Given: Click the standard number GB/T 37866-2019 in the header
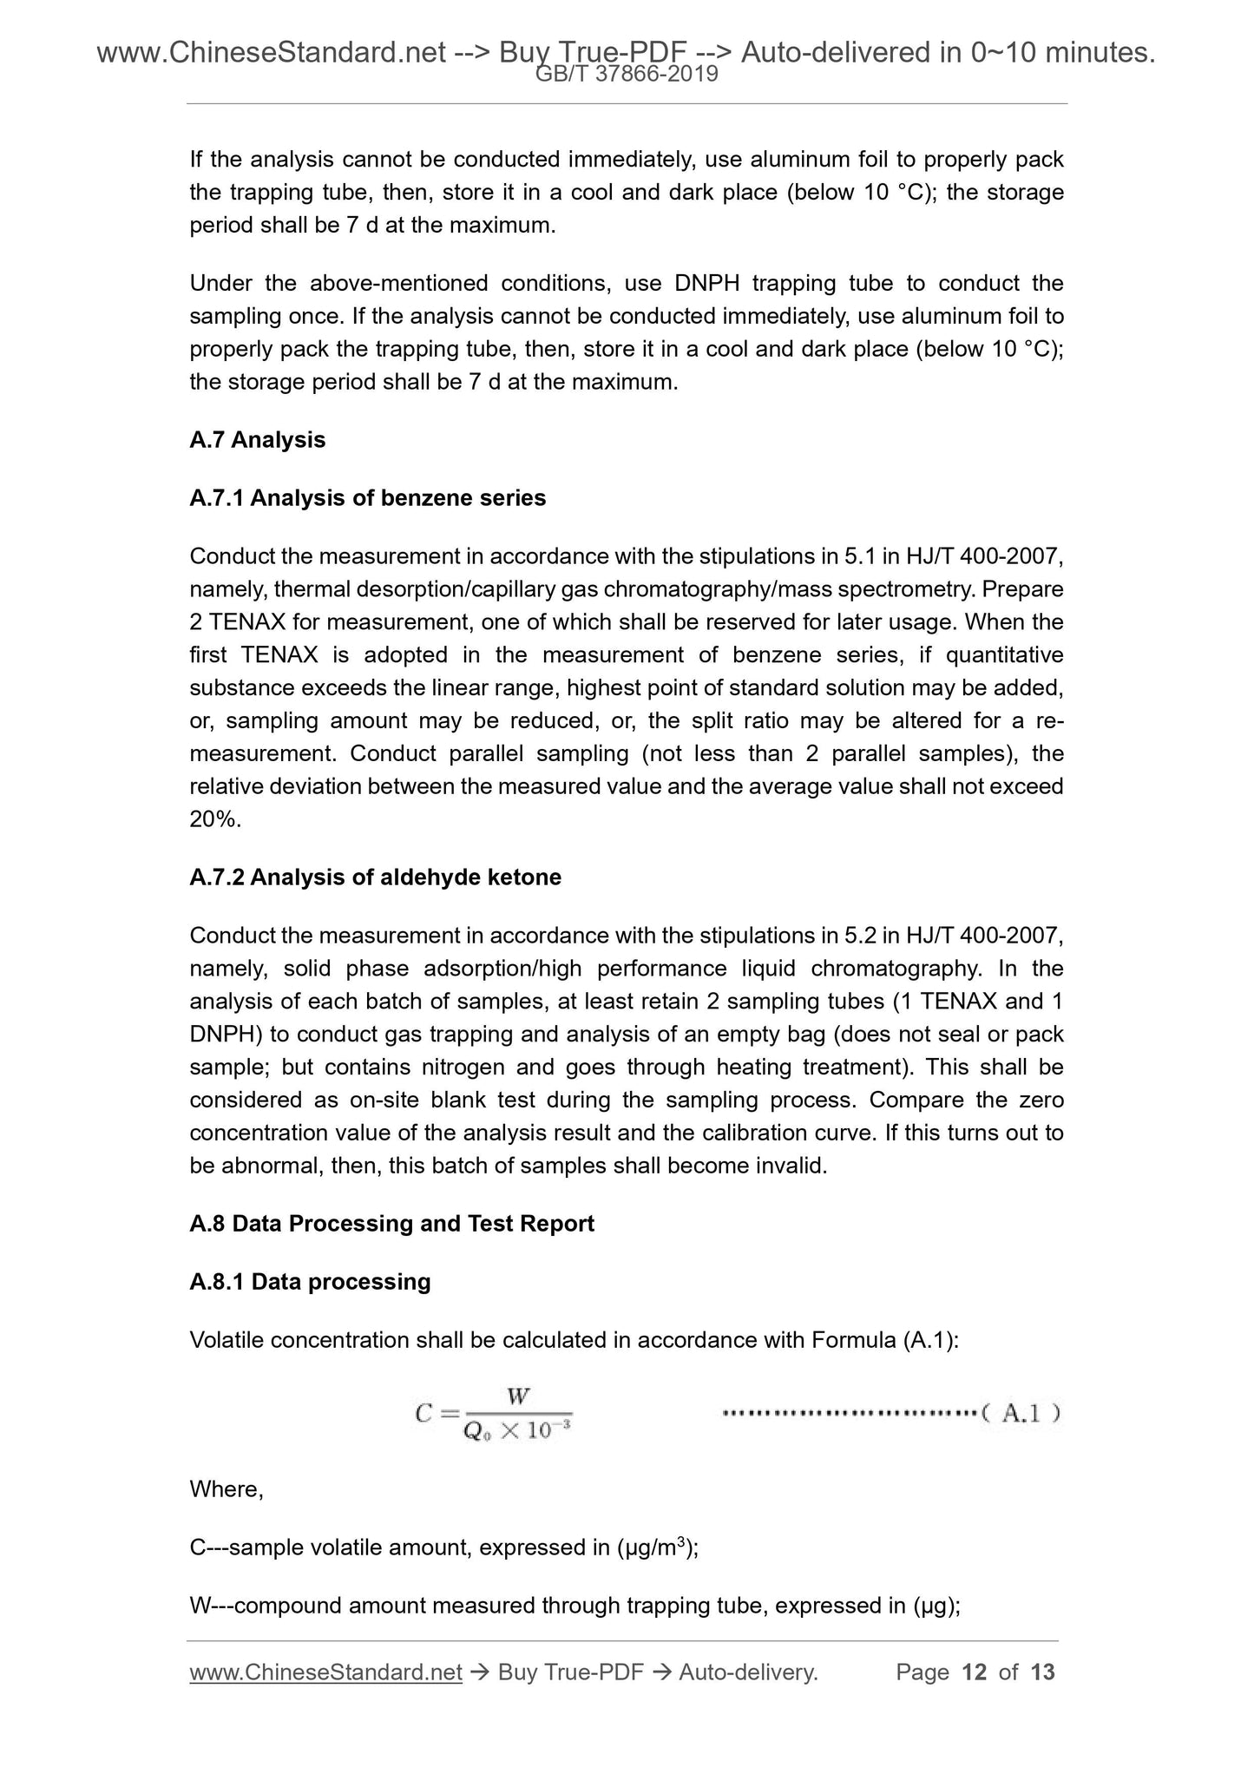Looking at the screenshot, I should pos(627,75).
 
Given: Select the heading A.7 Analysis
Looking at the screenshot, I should pos(257,440).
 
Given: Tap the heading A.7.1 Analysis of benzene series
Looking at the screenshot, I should pos(367,498).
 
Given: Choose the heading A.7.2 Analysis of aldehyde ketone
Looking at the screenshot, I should pos(375,877).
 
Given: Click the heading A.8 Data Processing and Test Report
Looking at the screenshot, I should pos(391,1224).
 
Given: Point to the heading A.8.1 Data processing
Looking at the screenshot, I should pos(310,1282).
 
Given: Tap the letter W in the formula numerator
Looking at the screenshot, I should pos(518,1396).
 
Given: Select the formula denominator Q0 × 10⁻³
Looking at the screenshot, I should pos(517,1431).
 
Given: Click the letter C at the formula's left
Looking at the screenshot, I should pos(423,1414).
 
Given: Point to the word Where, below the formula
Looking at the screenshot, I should pos(226,1489).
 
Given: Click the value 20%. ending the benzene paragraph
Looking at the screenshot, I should pos(215,819).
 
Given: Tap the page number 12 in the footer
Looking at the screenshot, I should pos(975,1672).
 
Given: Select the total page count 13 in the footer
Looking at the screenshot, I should pos(1042,1672).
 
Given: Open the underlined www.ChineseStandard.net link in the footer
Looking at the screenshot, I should pos(325,1672).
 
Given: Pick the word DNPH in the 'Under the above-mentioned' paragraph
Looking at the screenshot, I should pos(705,284).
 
